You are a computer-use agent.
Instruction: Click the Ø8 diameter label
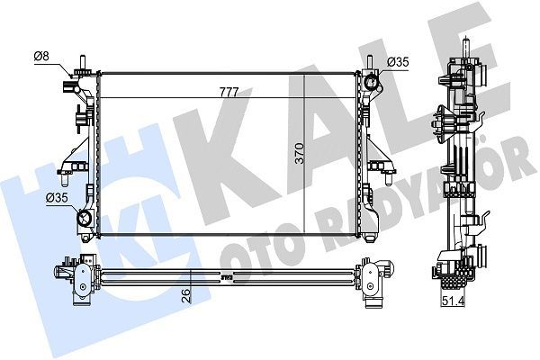(40, 58)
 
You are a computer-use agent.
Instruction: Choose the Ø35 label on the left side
(58, 197)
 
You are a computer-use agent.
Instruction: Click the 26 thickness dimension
(185, 294)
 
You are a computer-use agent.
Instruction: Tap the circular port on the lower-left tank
(84, 219)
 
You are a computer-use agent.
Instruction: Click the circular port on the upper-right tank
(372, 84)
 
